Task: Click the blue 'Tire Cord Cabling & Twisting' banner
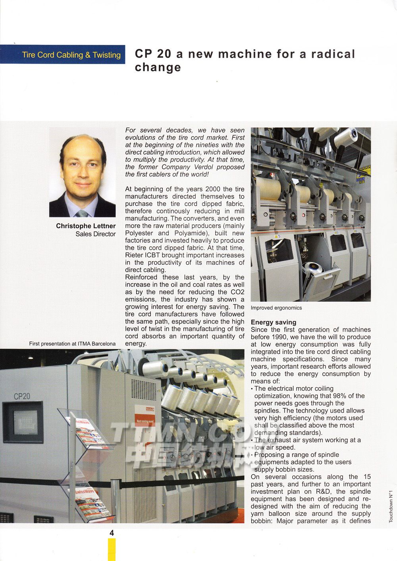coord(63,54)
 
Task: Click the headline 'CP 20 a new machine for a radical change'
coord(245,60)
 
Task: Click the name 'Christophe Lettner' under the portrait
coord(86,226)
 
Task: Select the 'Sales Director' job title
coord(95,234)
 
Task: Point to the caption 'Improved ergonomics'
coord(276,308)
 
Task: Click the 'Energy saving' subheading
coord(274,322)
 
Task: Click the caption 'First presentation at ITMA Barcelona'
coord(72,344)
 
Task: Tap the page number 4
coord(112,533)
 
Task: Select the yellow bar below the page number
coord(112,549)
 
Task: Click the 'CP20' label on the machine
coord(22,396)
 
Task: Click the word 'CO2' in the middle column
coord(237,292)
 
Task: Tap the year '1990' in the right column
coord(281,337)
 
